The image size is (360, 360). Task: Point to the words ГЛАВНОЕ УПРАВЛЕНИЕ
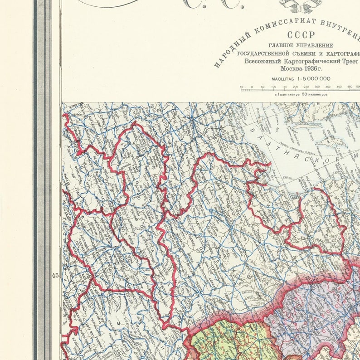pos(300,45)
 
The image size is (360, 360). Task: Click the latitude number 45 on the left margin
pos(55,275)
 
